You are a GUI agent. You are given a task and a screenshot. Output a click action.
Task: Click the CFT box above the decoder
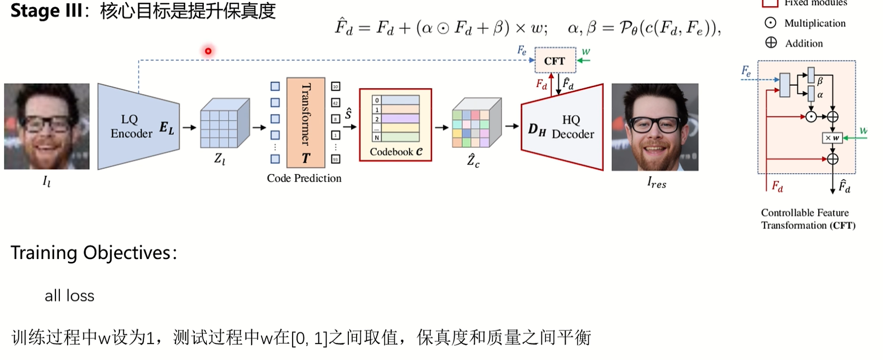click(555, 60)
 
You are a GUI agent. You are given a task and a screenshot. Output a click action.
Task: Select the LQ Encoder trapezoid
click(138, 127)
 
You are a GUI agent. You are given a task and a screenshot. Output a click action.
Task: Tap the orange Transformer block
click(305, 122)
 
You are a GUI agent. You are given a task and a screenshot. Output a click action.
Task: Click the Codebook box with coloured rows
click(395, 125)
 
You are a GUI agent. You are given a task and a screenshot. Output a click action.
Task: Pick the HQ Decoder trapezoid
click(563, 127)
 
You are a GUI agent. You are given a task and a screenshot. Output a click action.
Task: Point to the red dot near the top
click(208, 51)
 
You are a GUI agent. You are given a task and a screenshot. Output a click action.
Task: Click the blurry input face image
click(47, 126)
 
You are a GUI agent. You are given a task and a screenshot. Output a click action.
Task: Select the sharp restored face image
click(655, 127)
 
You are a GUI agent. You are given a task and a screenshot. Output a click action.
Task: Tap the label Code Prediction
click(304, 178)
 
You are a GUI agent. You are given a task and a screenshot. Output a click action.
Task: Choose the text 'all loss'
click(70, 296)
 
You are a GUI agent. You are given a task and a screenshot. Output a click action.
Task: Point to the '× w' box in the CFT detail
click(832, 138)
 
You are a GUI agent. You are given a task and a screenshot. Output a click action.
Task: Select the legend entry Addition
click(803, 43)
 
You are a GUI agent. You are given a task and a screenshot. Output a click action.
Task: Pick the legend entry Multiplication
click(814, 23)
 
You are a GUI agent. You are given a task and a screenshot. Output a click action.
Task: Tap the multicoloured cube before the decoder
click(476, 123)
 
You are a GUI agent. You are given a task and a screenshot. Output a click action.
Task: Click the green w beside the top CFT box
click(586, 52)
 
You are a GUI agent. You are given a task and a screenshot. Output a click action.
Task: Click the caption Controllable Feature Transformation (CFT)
click(808, 219)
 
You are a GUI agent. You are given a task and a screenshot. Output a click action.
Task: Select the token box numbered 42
click(336, 102)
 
